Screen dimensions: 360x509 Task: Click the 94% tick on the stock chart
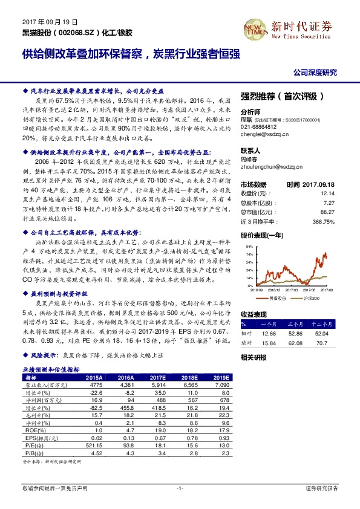tap(249, 247)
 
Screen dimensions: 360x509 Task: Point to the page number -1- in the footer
tap(180, 487)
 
